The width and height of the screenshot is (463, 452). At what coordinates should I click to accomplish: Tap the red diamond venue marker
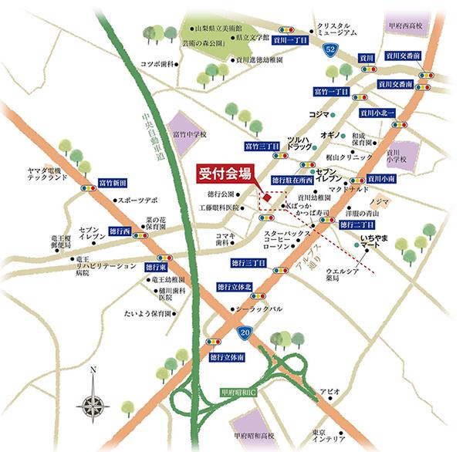click(x=265, y=198)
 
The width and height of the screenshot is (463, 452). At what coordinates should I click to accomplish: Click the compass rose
click(x=93, y=400)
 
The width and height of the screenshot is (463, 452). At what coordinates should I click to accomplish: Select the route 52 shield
click(x=330, y=50)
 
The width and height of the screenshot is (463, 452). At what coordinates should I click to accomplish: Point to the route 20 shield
click(x=244, y=332)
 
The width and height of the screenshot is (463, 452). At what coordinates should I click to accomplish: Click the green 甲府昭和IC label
click(x=242, y=391)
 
